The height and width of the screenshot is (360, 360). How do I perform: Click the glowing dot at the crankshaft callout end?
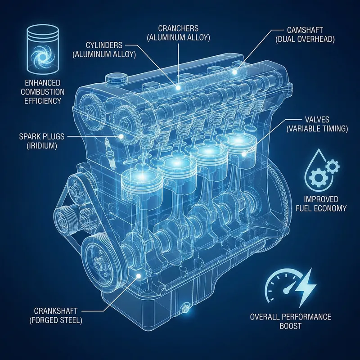click(x=139, y=275)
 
